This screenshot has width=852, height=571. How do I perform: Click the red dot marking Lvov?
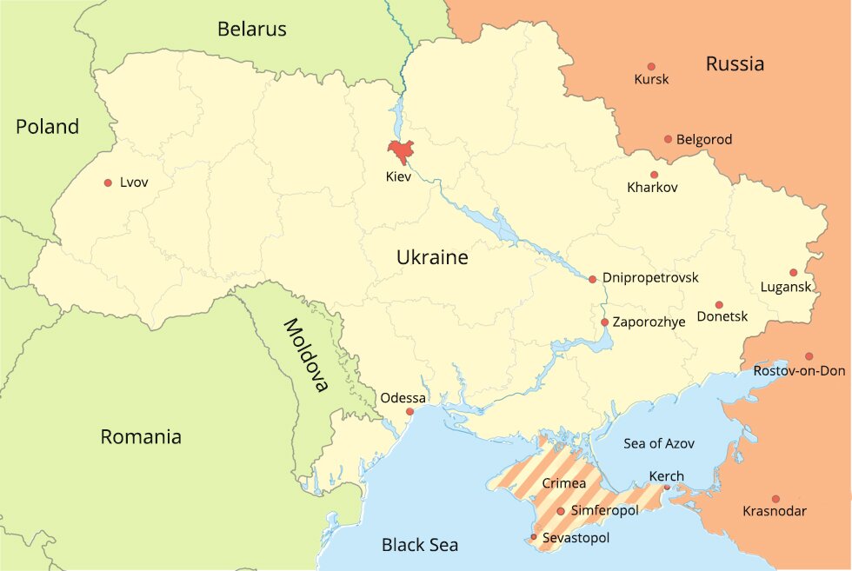click(x=108, y=183)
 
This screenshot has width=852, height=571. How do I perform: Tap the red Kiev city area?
click(x=401, y=151)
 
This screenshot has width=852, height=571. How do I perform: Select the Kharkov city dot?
click(x=654, y=175)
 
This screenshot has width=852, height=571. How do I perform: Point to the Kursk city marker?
click(x=651, y=66)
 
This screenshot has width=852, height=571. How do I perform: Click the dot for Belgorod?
click(x=668, y=139)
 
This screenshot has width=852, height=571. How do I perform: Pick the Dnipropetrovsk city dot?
click(x=592, y=279)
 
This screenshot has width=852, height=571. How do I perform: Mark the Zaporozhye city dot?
click(x=604, y=322)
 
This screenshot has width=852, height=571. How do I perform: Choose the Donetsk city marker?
click(x=719, y=304)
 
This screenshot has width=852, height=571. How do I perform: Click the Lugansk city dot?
click(x=793, y=272)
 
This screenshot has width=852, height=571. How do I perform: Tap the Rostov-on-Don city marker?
click(x=809, y=356)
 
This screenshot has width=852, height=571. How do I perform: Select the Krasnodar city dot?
click(x=775, y=499)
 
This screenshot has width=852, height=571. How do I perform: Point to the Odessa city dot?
click(x=409, y=411)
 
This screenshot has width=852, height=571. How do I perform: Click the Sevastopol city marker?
click(x=534, y=537)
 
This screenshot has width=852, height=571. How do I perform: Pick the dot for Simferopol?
click(x=561, y=511)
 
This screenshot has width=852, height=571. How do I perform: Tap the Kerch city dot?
click(x=667, y=488)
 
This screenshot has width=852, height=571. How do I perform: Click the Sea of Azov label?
click(x=659, y=443)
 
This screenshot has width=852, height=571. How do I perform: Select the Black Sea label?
click(x=420, y=545)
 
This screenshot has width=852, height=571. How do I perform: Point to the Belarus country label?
click(x=251, y=30)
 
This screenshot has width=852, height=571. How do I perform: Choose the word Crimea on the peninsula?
click(x=563, y=482)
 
